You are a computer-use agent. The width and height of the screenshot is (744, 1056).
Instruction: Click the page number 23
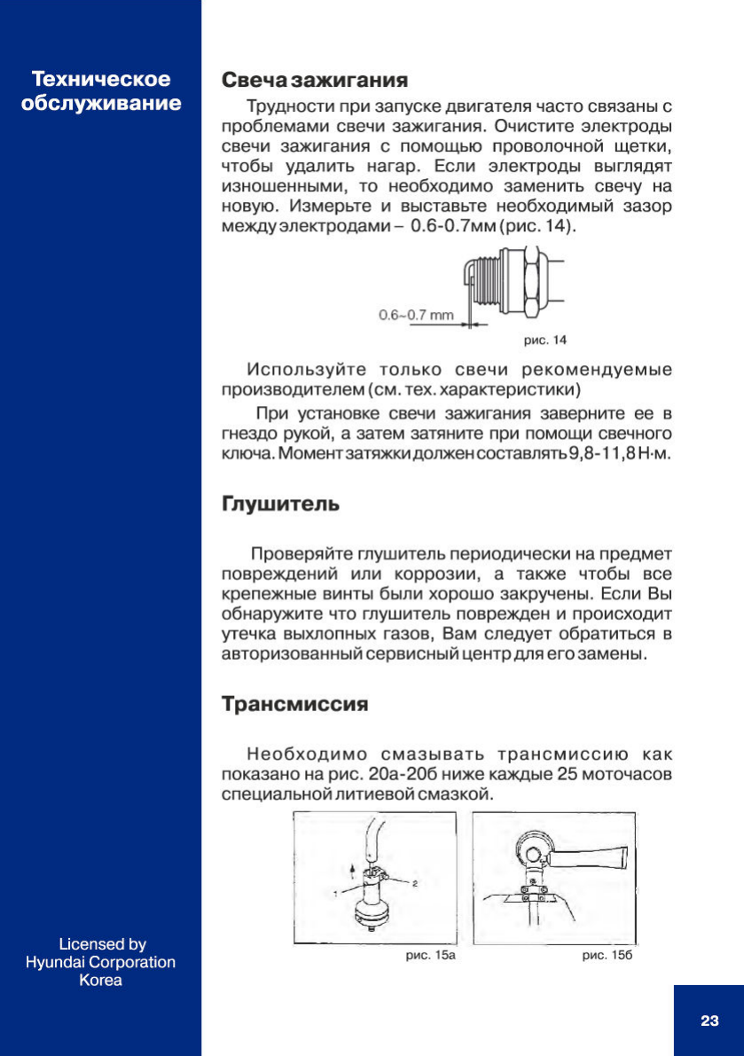click(x=709, y=1021)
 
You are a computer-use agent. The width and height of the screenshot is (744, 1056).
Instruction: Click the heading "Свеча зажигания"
click(x=314, y=81)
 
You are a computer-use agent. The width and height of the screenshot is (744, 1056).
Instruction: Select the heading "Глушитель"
click(x=279, y=505)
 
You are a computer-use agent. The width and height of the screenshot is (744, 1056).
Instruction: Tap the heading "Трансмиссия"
click(x=294, y=705)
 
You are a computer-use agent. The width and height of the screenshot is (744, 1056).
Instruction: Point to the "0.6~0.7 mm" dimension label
click(x=416, y=315)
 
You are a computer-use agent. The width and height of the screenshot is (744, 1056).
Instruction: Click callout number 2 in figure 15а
click(x=414, y=884)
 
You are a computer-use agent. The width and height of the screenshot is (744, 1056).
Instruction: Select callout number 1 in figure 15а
click(x=336, y=890)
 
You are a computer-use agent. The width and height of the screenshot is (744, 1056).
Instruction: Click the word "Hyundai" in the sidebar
click(x=54, y=962)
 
